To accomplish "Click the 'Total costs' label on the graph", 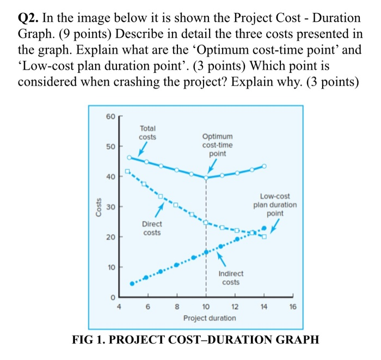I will (x=147, y=133).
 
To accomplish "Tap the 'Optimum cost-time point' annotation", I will (x=217, y=145).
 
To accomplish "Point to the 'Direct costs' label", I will (x=152, y=228).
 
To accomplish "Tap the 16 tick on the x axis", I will (x=293, y=307).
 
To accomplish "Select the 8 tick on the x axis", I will (x=176, y=307).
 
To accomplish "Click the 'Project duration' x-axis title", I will (x=210, y=318).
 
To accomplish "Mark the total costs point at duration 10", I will (x=206, y=178).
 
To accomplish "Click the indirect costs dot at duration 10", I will (x=206, y=252).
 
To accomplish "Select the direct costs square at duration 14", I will (x=265, y=236).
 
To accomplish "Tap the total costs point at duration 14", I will (x=265, y=166).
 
